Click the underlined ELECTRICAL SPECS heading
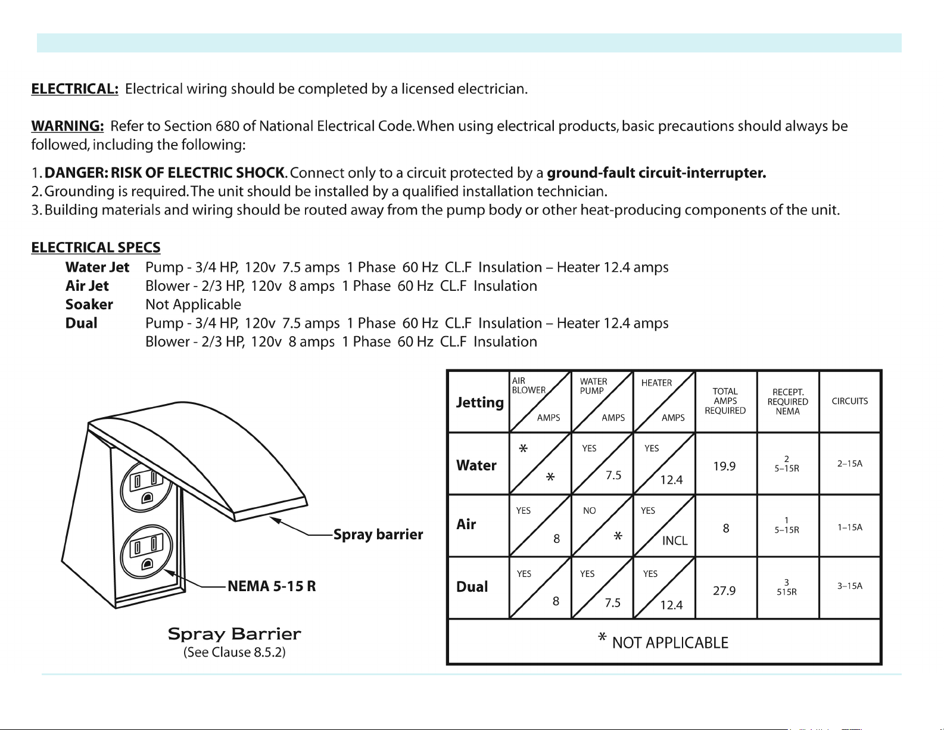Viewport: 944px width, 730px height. pos(96,247)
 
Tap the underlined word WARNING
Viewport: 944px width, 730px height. pos(67,126)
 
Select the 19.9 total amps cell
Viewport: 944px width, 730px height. pos(724,466)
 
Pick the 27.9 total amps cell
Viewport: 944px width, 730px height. pos(724,591)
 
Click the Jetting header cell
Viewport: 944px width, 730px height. pos(479,402)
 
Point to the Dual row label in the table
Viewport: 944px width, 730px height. pos(472,587)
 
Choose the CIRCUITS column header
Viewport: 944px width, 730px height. pos(849,401)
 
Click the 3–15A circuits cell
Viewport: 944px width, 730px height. pos(849,586)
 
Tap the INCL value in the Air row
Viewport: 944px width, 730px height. pos(674,540)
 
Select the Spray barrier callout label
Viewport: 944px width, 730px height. pos(378,535)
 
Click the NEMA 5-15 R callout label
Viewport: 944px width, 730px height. pos(272,586)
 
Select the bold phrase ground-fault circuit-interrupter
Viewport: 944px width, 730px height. pos(656,173)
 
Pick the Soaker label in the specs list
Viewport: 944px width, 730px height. pos(89,305)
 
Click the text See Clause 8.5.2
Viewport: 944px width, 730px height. pos(234,653)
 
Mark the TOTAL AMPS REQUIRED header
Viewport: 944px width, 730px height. pos(725,401)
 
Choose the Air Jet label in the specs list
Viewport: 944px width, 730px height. pos(87,286)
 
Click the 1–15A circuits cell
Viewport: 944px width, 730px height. pos(849,527)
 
